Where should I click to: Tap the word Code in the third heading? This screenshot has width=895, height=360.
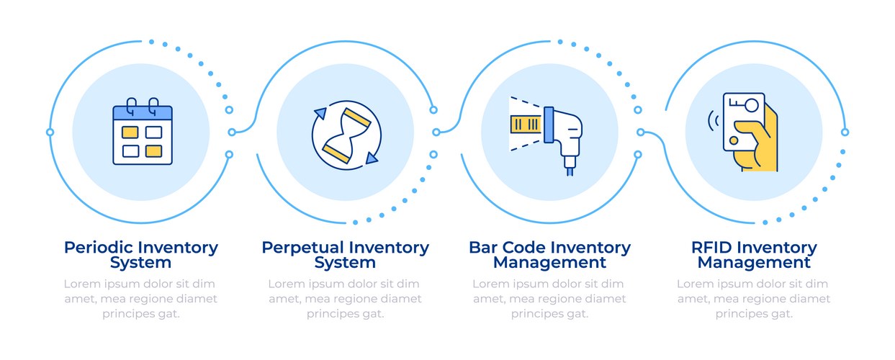pos(526,248)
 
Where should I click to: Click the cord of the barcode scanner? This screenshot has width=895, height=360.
pos(570,168)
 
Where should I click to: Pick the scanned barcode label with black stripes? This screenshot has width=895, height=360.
pos(526,124)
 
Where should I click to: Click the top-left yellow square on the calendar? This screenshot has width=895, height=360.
pos(130,132)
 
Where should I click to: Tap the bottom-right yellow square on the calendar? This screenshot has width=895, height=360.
pos(153,150)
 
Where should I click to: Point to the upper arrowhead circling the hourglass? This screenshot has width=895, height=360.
pos(320,113)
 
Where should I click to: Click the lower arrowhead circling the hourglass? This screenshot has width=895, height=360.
pos(372,156)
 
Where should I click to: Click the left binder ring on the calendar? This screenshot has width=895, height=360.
pos(131,106)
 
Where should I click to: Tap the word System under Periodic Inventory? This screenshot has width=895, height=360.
pos(141,263)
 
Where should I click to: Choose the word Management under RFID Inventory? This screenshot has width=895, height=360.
pos(754,263)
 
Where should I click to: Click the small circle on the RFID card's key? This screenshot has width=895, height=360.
pos(752,105)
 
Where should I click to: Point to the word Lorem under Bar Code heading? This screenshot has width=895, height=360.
pos(490,284)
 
